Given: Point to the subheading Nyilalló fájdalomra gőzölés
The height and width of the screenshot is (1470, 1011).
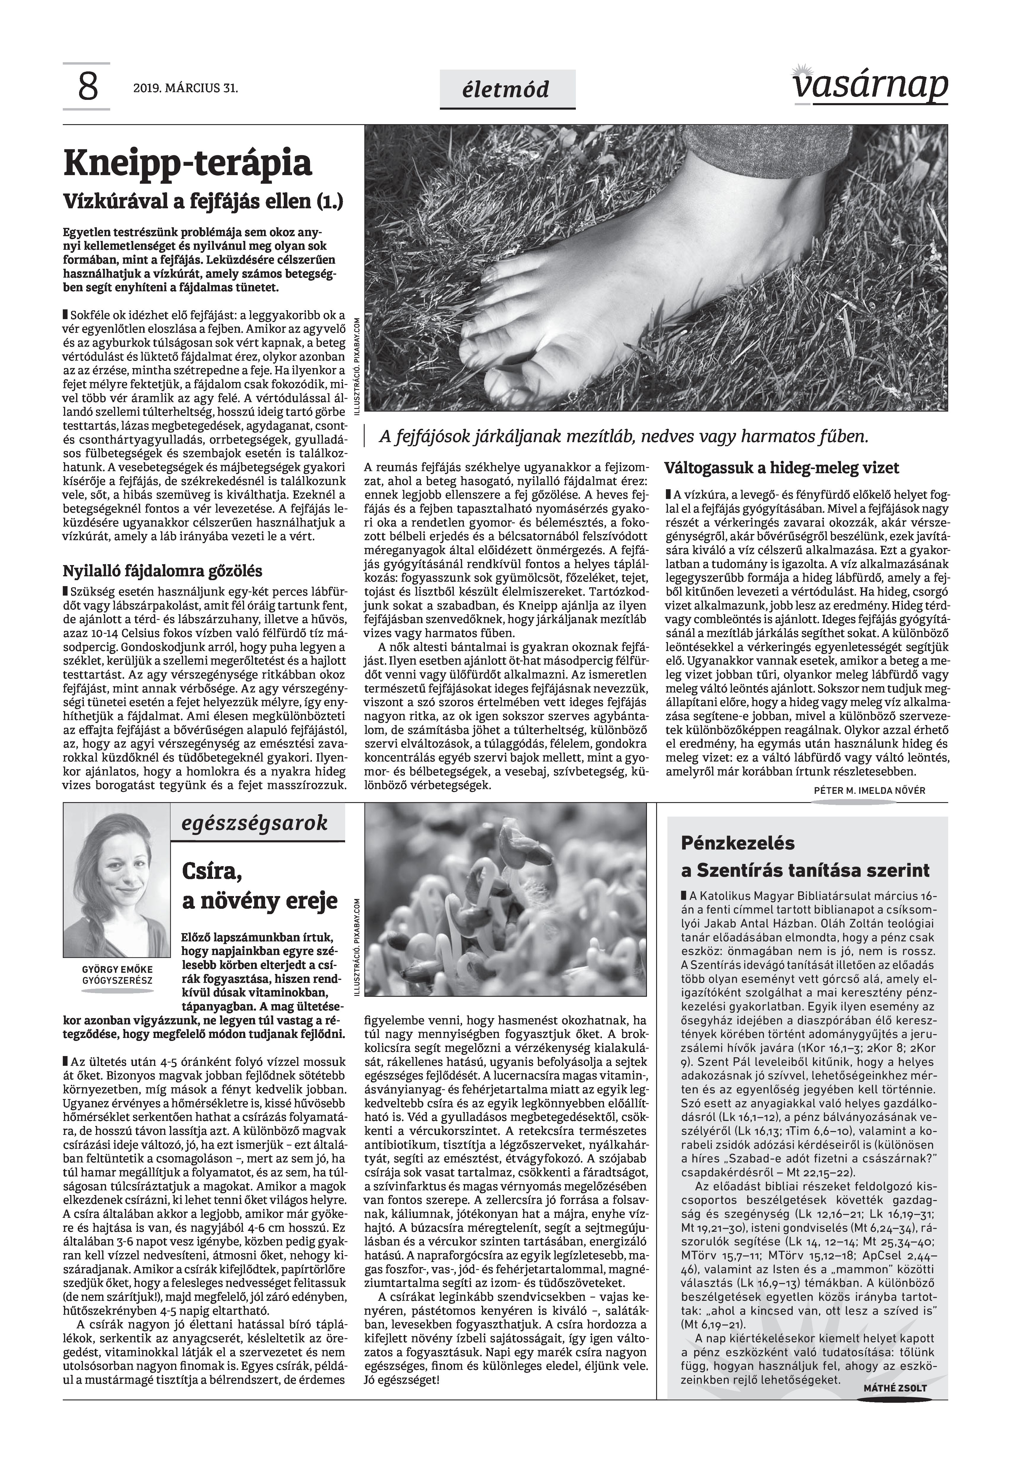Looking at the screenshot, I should pos(162,571).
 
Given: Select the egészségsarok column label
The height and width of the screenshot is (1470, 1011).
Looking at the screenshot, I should pos(255,823).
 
